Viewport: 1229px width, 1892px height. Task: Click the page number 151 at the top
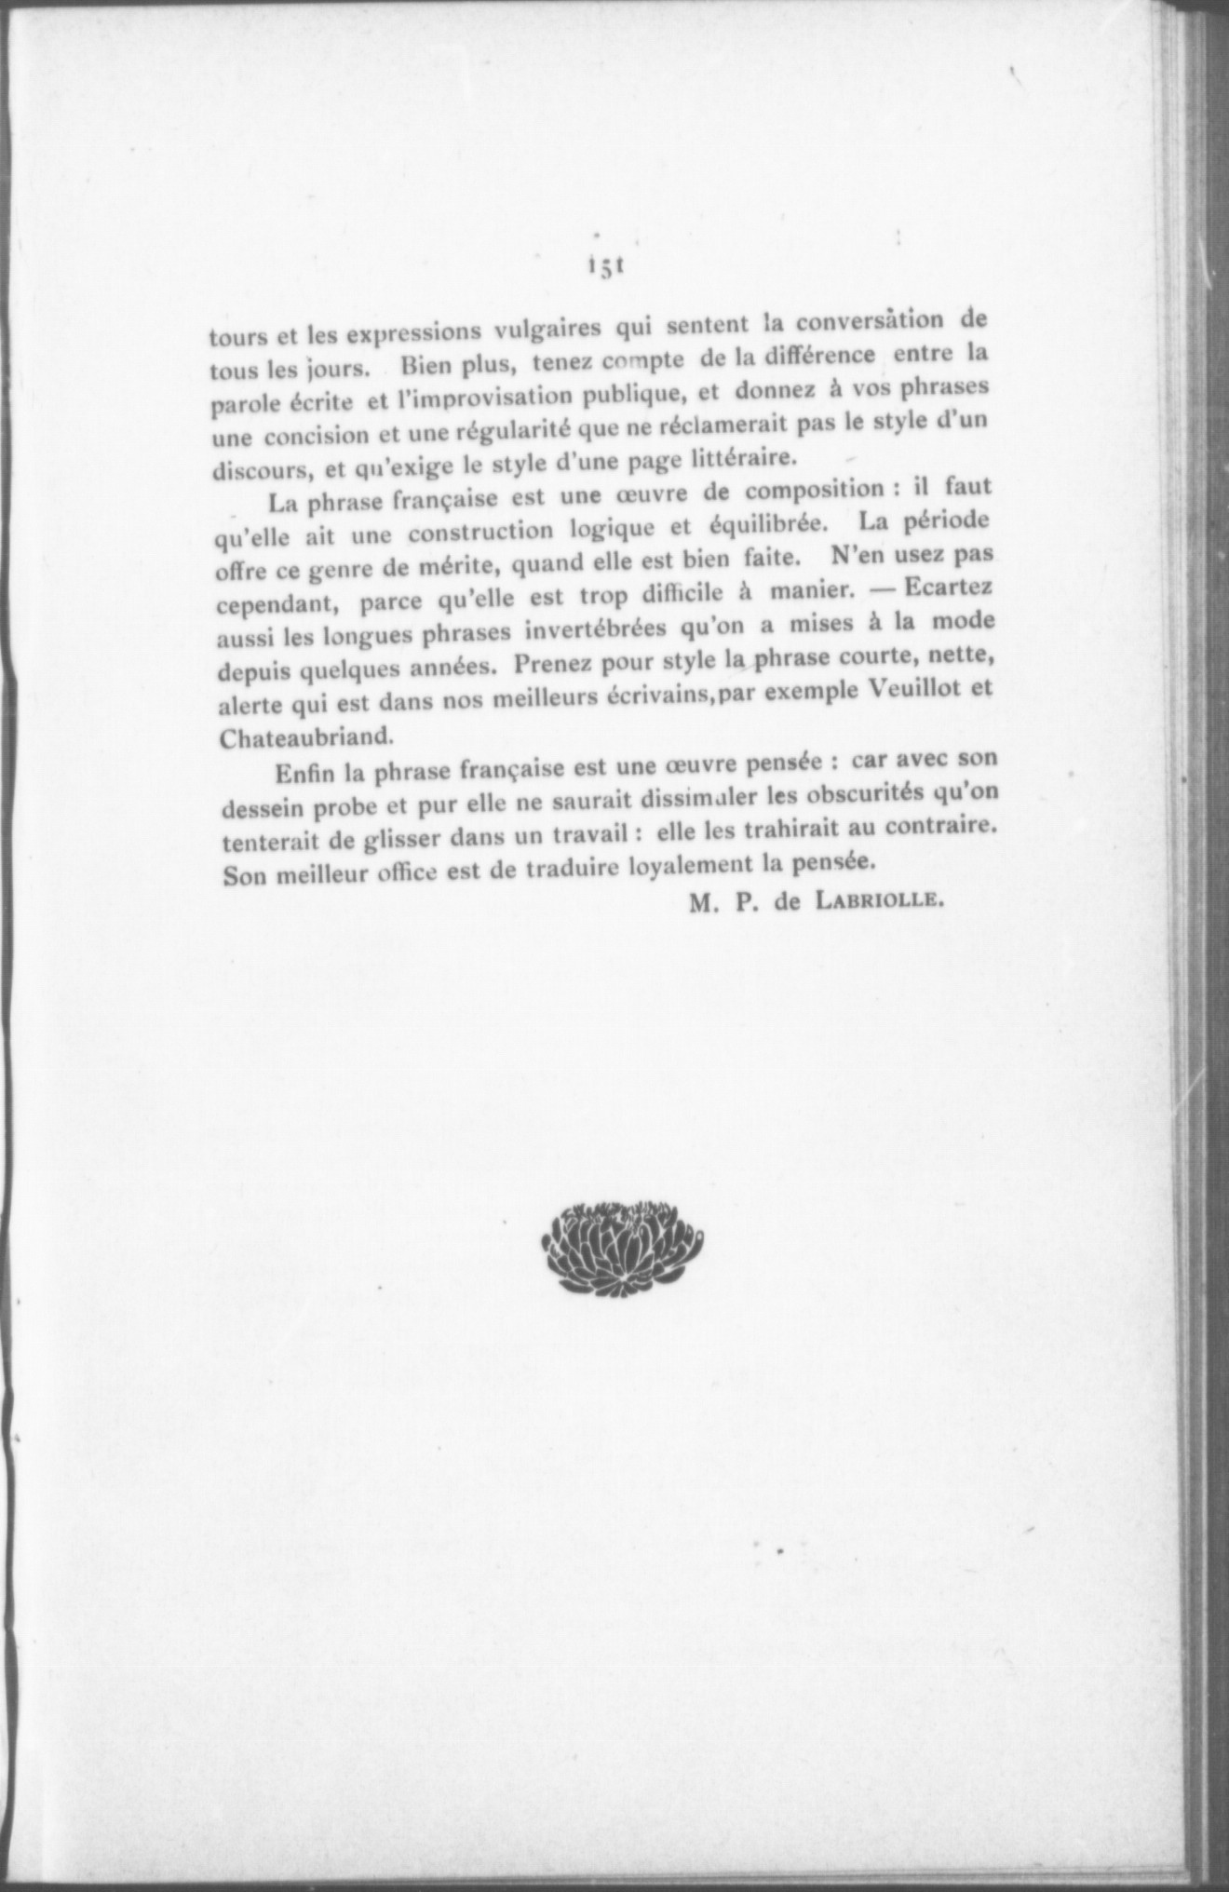[604, 267]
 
